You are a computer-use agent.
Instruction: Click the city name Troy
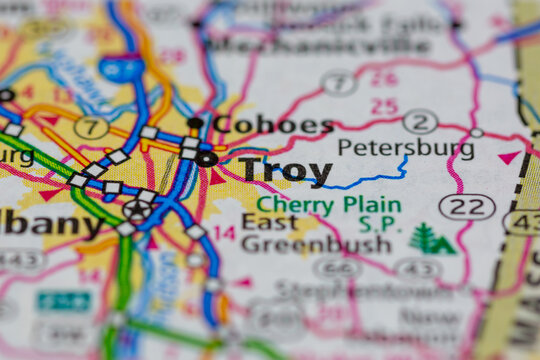(x=285, y=172)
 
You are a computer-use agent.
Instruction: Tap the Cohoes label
(x=273, y=125)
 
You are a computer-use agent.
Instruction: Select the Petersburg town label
(x=406, y=148)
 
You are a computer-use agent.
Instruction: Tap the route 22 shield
(x=467, y=206)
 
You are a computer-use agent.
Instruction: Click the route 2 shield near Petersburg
(x=421, y=121)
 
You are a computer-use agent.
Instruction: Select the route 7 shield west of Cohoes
(x=92, y=127)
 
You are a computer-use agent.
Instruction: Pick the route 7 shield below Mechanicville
(x=340, y=82)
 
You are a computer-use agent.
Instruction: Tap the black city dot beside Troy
(x=207, y=158)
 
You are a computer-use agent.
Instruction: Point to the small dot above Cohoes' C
(x=196, y=123)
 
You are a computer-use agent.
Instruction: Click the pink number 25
(x=384, y=106)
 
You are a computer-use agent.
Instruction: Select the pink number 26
(x=384, y=78)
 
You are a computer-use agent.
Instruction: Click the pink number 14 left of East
(x=224, y=234)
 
